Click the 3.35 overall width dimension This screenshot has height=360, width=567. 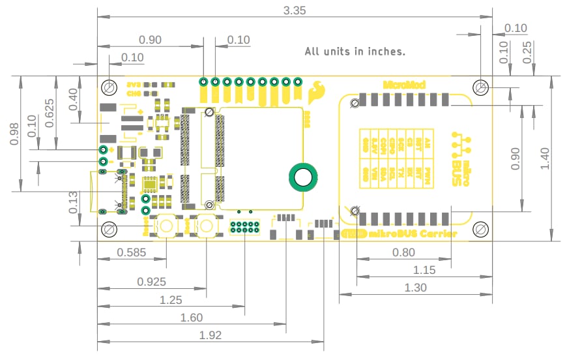[295, 10]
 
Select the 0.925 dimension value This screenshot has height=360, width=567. [151, 282]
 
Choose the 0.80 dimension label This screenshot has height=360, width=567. [403, 252]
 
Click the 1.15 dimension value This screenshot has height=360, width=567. [424, 269]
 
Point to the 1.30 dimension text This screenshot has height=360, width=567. [415, 287]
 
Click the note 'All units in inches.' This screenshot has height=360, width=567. [355, 51]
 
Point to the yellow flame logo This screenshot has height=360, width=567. [318, 91]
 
